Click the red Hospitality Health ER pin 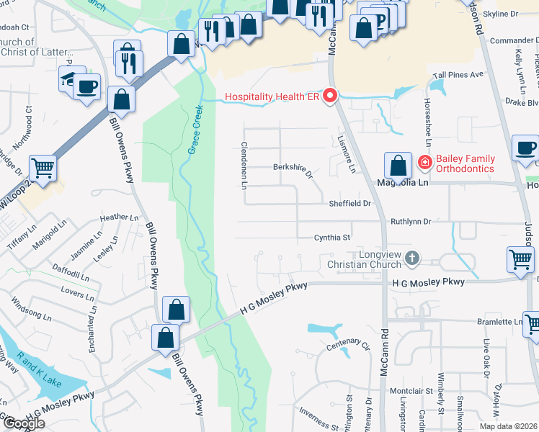[331, 96]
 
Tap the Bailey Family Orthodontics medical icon [425, 163]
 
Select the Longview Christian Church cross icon [411, 258]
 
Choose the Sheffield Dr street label [349, 204]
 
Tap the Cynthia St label [332, 238]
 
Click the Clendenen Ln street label [244, 166]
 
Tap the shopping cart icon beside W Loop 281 [43, 168]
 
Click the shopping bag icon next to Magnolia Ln [398, 165]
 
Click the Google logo [23, 423]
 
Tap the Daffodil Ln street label [71, 271]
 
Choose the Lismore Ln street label [347, 154]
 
